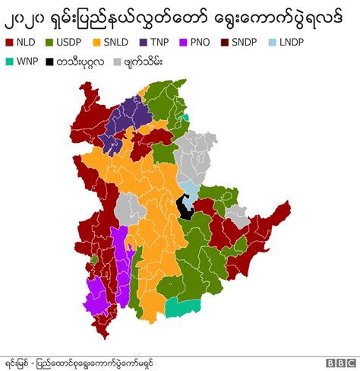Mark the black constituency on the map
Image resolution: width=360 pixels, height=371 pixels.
(182, 206)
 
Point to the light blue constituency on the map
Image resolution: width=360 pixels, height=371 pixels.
(188, 188)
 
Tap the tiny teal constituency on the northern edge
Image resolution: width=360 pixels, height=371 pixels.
(185, 117)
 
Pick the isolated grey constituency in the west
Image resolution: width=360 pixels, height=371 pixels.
(130, 208)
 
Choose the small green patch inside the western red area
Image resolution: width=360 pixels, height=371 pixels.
(94, 259)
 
